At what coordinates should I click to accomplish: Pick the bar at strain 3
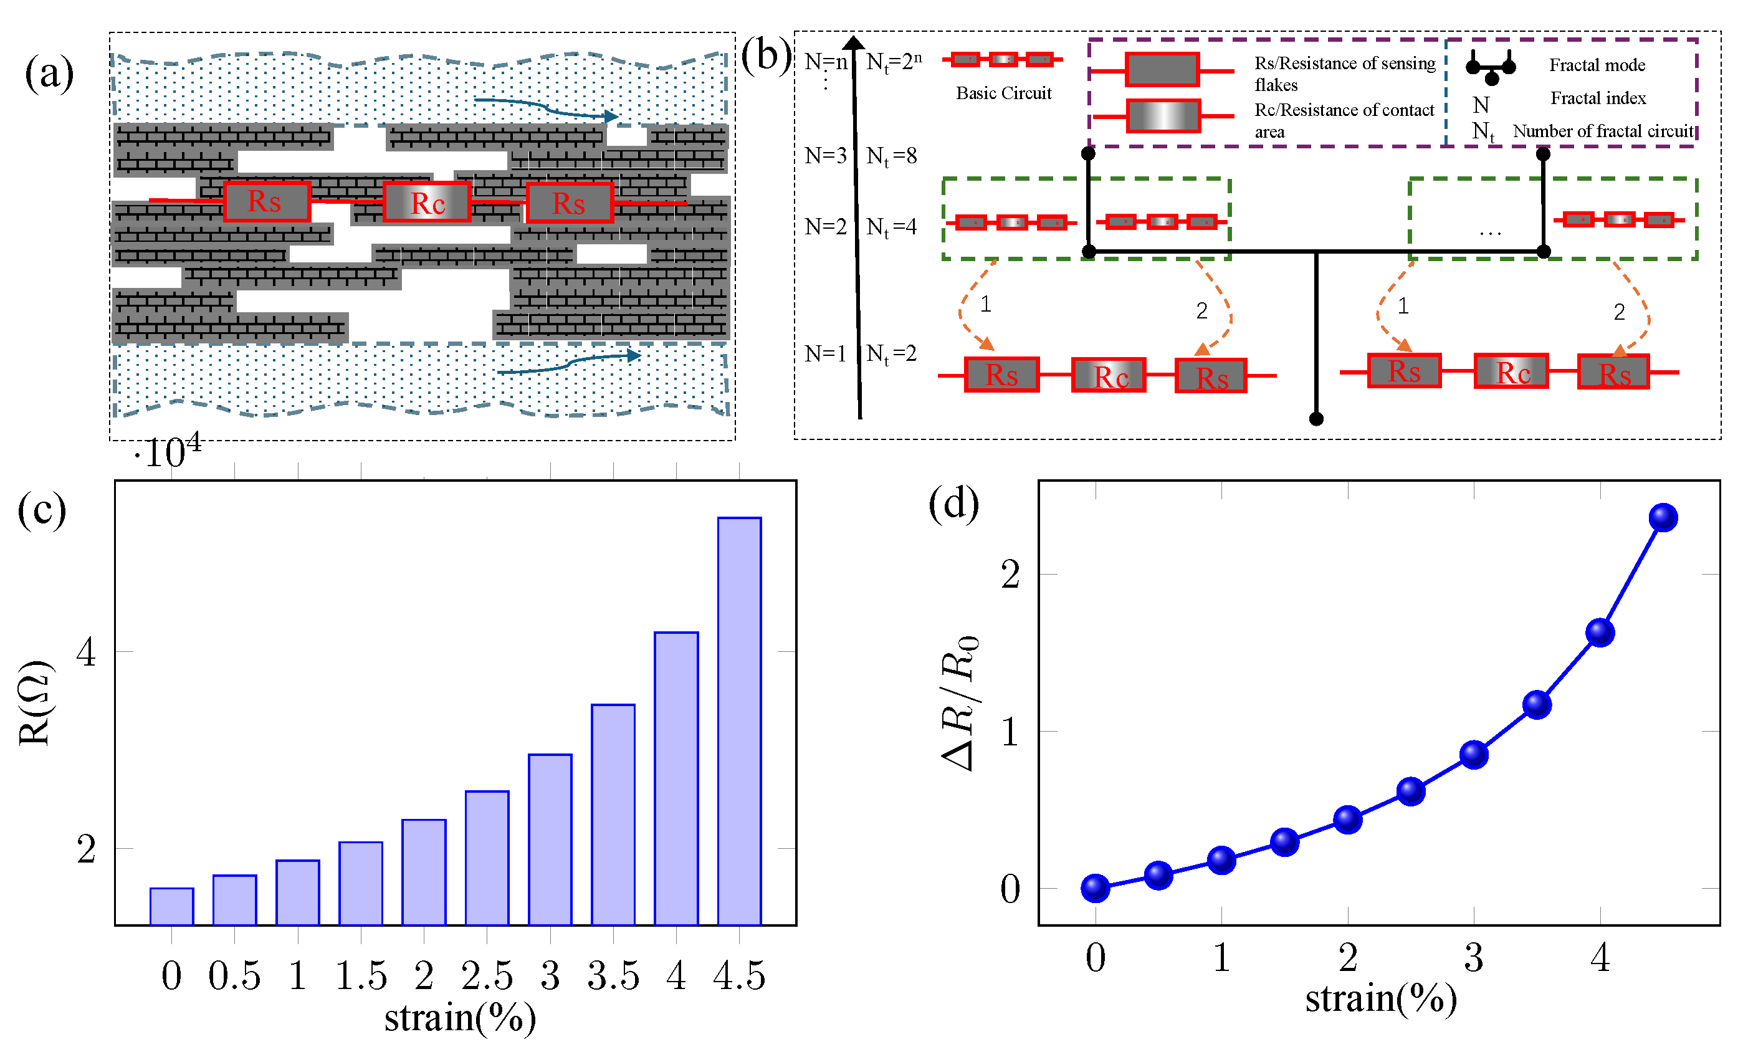550,839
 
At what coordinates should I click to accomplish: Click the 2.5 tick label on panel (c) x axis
487,975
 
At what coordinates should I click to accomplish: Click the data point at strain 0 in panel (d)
1095,887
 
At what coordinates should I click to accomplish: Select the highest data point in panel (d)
1663,517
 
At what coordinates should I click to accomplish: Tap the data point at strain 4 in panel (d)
1600,632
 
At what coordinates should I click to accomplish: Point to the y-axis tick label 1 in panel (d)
1010,732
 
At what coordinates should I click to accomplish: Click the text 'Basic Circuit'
1003,93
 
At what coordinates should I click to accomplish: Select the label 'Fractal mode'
1597,65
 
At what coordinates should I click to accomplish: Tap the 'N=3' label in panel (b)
825,155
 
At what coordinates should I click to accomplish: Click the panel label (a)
49,73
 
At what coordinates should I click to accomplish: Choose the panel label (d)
953,504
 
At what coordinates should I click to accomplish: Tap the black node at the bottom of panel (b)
1316,419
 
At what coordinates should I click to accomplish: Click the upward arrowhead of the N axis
854,43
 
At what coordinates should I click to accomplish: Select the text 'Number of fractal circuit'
1602,131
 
